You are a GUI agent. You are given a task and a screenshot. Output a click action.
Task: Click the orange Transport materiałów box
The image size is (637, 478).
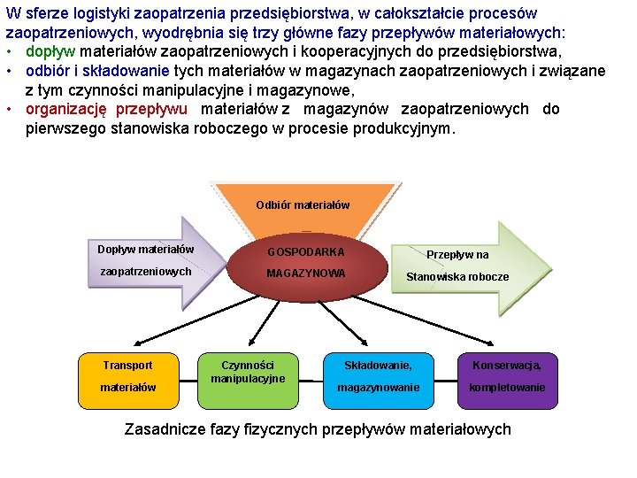[x=127, y=376]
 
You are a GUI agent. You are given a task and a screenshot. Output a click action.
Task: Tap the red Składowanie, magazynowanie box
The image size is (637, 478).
[x=378, y=376]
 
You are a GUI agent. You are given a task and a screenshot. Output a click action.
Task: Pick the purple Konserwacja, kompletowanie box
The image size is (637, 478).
[x=507, y=376]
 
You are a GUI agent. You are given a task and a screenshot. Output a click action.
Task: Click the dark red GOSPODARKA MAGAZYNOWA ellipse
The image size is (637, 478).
[x=305, y=263]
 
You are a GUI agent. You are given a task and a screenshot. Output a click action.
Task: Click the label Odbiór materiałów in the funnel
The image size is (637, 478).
[x=303, y=204]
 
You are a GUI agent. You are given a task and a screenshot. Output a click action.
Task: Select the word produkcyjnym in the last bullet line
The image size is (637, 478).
[x=405, y=128]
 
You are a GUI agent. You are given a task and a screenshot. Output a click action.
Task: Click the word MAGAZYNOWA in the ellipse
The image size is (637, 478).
[x=306, y=274]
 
